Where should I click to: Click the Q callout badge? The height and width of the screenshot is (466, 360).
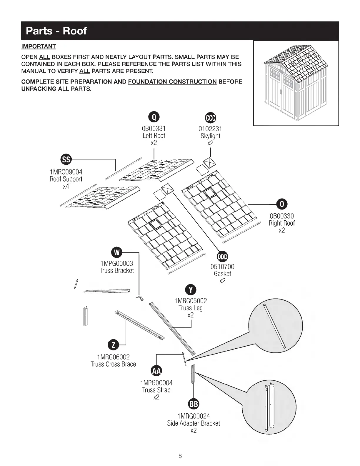(154, 117)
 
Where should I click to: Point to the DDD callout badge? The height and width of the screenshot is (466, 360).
(222, 257)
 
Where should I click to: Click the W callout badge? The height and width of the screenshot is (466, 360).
(117, 252)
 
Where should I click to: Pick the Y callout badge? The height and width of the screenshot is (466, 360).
(191, 290)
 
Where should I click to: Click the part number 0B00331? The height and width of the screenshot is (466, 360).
(154, 129)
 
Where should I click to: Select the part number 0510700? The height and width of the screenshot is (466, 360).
(222, 267)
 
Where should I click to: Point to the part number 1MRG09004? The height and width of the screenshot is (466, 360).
(66, 172)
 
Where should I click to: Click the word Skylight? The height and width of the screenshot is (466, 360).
(210, 136)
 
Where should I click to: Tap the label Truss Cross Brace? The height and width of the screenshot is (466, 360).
(113, 364)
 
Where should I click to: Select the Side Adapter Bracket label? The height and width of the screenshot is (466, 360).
(194, 423)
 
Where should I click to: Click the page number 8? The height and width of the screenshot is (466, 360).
(180, 456)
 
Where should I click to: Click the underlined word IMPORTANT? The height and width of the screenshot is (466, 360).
(39, 46)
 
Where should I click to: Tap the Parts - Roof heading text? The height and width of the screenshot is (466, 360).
(56, 31)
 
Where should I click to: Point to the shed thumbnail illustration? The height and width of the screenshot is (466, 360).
(296, 84)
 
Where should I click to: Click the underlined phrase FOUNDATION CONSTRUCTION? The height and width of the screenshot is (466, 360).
(172, 82)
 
